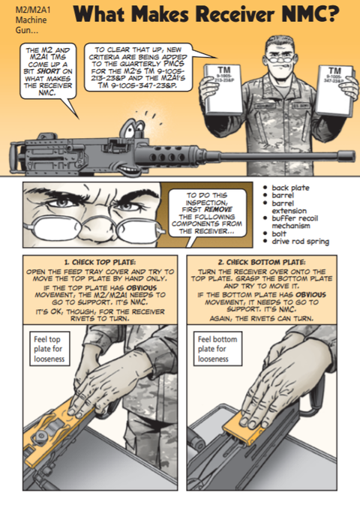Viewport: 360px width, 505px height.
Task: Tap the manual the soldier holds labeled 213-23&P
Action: pyautogui.click(x=223, y=89)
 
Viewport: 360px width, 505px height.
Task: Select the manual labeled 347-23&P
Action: pyautogui.click(x=334, y=90)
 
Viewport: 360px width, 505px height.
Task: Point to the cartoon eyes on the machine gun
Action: pyautogui.click(x=132, y=128)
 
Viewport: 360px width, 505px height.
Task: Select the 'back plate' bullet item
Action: pyautogui.click(x=286, y=188)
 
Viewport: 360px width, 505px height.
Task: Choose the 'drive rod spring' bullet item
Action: pyautogui.click(x=296, y=241)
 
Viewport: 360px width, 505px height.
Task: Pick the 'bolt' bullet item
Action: pyautogui.click(x=274, y=233)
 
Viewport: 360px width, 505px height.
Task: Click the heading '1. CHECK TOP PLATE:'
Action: pyautogui.click(x=100, y=262)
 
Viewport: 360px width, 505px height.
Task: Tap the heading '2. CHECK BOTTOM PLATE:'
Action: pyautogui.click(x=262, y=262)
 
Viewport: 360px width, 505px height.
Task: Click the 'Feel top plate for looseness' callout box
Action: pyautogui.click(x=49, y=349)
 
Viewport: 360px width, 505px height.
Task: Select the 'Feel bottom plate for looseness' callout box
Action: pyautogui.click(x=217, y=349)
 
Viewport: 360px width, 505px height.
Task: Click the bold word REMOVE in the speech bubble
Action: pyautogui.click(x=218, y=209)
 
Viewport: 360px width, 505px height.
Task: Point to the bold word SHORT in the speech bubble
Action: pyautogui.click(x=48, y=71)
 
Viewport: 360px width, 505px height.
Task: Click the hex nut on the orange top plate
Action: pyautogui.click(x=41, y=436)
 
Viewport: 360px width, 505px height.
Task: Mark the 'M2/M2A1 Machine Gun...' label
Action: pyautogui.click(x=31, y=20)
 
